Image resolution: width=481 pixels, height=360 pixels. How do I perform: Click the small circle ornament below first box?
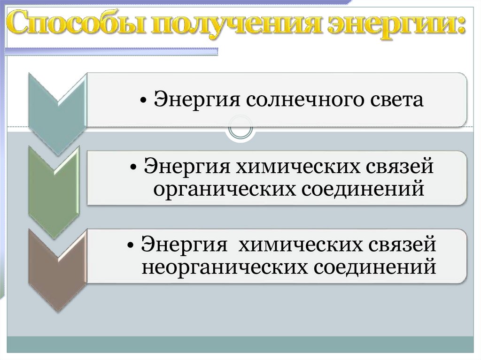pyautogui.click(x=240, y=128)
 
